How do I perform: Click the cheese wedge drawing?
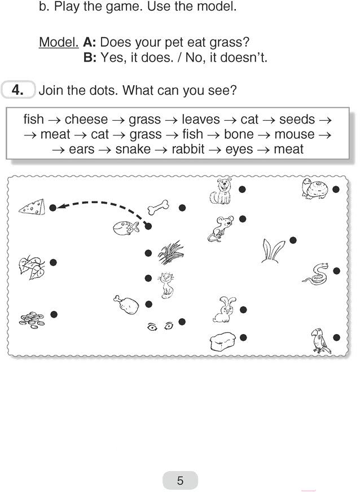[x=32, y=207]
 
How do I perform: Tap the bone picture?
[x=158, y=208]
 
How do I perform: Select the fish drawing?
[x=126, y=228]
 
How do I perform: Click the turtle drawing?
[x=315, y=189]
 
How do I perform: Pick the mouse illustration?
[x=221, y=229]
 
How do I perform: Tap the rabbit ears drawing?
[x=273, y=251]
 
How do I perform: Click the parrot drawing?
[x=321, y=341]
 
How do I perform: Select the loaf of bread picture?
[x=223, y=342]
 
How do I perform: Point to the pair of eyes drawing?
[x=160, y=326]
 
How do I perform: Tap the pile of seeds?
[x=32, y=320]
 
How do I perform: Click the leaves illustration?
[x=32, y=267]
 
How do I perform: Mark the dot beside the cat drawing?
[x=148, y=278]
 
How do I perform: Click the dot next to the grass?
[x=148, y=253]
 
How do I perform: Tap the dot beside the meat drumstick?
[x=149, y=304]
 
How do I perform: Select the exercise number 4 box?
[x=18, y=90]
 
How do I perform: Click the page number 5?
[x=180, y=480]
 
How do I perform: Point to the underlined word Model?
[x=59, y=42]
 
